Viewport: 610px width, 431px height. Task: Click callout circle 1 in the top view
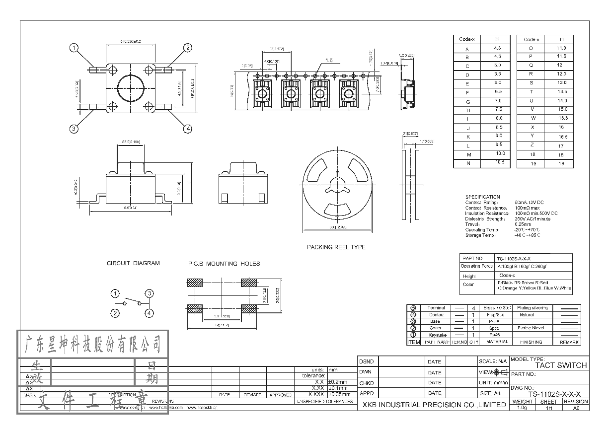pyautogui.click(x=74, y=48)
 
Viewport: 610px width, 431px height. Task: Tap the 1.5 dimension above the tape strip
pyautogui.click(x=329, y=61)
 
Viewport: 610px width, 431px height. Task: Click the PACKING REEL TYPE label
pyautogui.click(x=336, y=247)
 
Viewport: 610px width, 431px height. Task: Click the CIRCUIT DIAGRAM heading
pyautogui.click(x=133, y=263)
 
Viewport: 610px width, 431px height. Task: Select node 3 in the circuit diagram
pyautogui.click(x=149, y=293)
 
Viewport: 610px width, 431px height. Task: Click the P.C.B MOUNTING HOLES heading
pyautogui.click(x=224, y=264)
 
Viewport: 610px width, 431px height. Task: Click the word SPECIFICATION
pyautogui.click(x=482, y=197)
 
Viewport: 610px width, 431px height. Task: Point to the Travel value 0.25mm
pyautogui.click(x=523, y=224)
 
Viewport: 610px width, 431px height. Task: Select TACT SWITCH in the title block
pyautogui.click(x=561, y=365)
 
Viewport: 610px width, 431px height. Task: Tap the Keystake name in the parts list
pyautogui.click(x=438, y=335)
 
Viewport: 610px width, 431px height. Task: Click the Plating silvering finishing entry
pyautogui.click(x=533, y=308)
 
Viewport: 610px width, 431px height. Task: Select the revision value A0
pyautogui.click(x=576, y=408)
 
